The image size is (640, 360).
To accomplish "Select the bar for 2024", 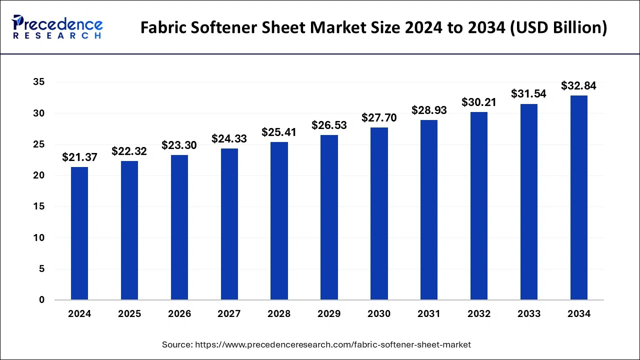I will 79,233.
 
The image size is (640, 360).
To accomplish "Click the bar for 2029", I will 329,217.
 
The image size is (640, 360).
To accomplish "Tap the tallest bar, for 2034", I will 579,197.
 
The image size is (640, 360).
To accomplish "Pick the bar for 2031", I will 429,210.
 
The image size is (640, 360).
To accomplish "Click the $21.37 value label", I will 79,157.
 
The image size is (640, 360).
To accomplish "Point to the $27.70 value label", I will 379,117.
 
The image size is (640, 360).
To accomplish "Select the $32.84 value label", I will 578,85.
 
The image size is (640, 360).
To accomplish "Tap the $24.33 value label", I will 229,138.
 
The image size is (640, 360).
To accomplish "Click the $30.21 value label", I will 479,102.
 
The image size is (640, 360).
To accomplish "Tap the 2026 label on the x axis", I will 179,314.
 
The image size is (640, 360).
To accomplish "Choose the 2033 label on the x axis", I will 529,314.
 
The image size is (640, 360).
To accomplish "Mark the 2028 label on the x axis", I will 279,314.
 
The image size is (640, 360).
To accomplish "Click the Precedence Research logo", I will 57,27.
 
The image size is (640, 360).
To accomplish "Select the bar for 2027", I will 229,224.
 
